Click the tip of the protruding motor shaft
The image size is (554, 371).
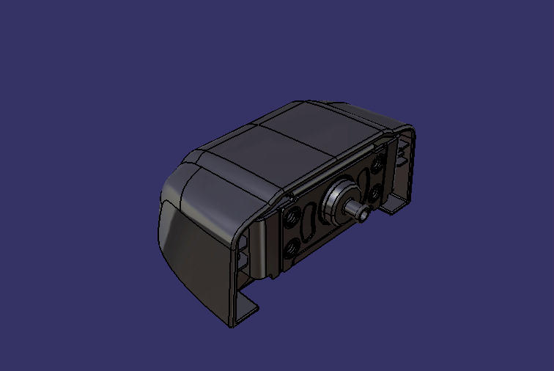pos(364,213)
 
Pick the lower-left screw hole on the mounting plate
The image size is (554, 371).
pos(292,247)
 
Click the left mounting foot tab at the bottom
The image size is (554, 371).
pos(245,312)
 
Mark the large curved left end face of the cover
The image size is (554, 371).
pos(191,249)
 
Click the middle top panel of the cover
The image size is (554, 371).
pos(286,147)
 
